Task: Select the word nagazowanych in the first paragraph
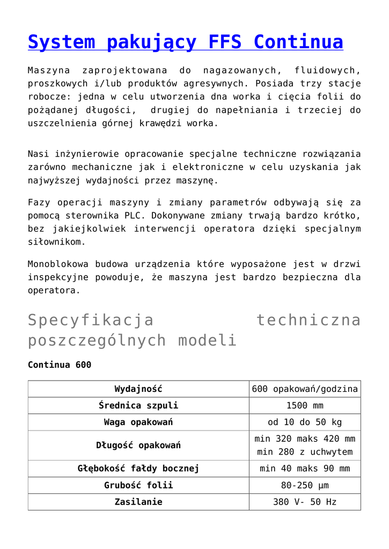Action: (x=240, y=70)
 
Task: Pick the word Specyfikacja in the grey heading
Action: (x=91, y=320)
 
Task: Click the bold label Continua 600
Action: (x=60, y=365)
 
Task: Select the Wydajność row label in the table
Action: (x=138, y=389)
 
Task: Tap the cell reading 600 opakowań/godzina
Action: (x=305, y=389)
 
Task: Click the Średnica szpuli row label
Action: (x=138, y=405)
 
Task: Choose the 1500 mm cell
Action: (x=305, y=405)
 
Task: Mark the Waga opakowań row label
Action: (x=138, y=422)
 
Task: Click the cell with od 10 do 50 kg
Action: (x=305, y=422)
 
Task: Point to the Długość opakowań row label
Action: (x=138, y=445)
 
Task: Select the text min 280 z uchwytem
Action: (x=305, y=452)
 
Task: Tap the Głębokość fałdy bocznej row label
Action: (x=138, y=469)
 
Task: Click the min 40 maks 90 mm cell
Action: (x=305, y=469)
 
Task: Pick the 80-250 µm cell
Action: (x=305, y=485)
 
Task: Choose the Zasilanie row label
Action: (x=138, y=502)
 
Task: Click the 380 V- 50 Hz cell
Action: (x=305, y=502)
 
